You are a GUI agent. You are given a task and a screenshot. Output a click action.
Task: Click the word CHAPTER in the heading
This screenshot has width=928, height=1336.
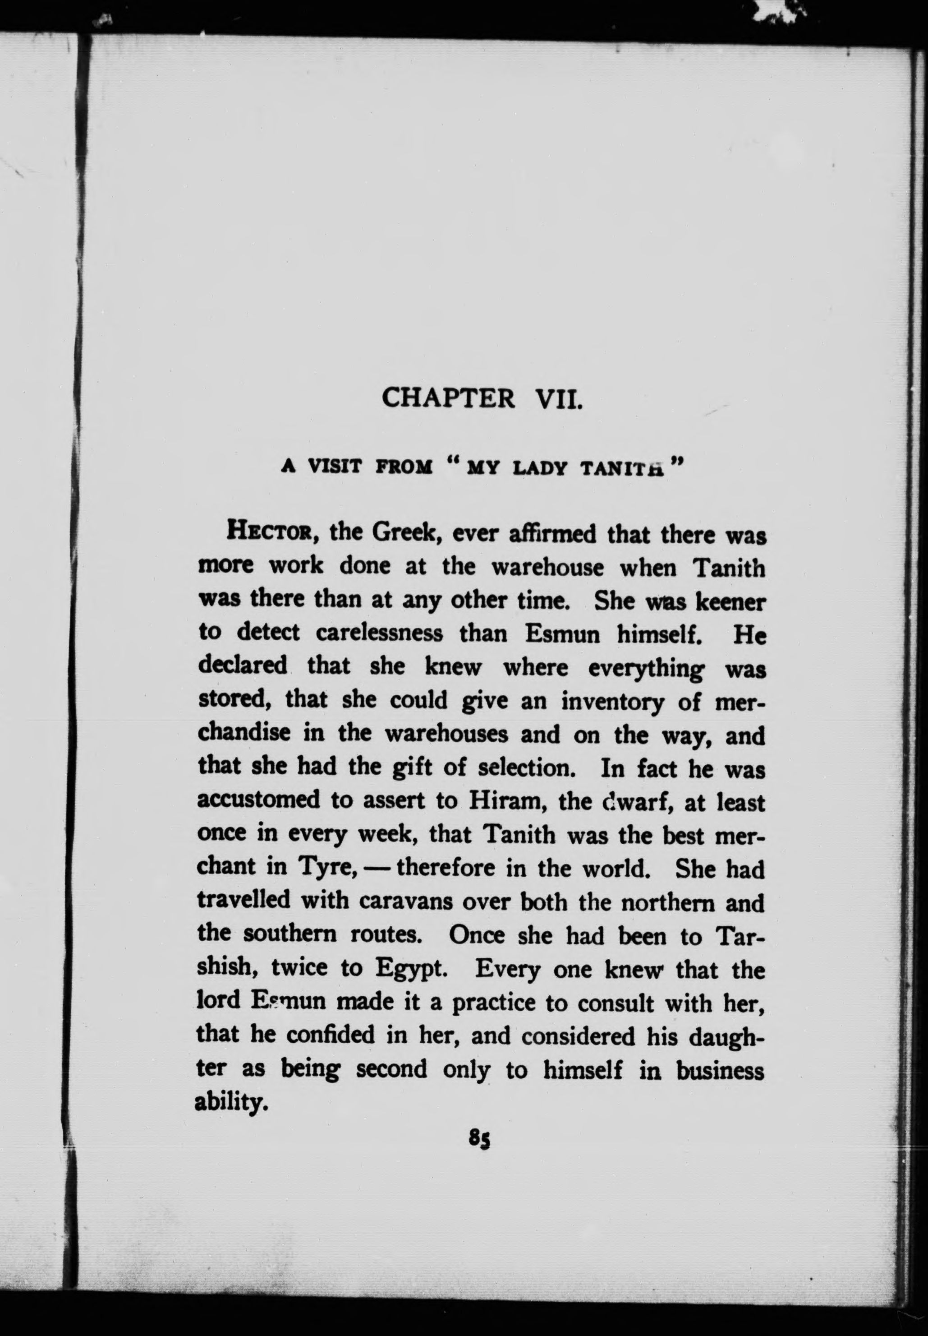coord(448,398)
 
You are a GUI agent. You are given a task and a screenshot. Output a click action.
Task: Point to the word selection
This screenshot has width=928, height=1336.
coord(527,769)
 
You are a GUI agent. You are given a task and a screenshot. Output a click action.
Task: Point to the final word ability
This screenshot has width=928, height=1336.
coord(231,1102)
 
